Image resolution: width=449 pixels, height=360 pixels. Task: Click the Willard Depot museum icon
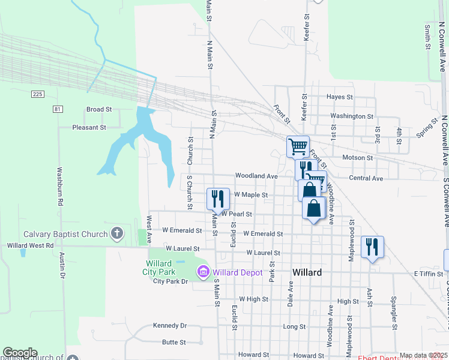pyautogui.click(x=203, y=273)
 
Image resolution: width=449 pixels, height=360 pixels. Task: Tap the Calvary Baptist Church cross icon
pyautogui.click(x=117, y=233)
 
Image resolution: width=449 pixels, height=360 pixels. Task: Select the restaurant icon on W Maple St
pyautogui.click(x=217, y=197)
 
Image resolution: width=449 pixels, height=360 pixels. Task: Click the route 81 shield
pyautogui.click(x=58, y=109)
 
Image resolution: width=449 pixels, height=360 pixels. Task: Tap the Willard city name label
pyautogui.click(x=307, y=272)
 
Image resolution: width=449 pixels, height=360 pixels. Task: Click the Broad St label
pyautogui.click(x=99, y=110)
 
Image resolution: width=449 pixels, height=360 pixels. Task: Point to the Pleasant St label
pyautogui.click(x=89, y=127)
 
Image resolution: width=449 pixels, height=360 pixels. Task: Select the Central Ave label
pyautogui.click(x=366, y=178)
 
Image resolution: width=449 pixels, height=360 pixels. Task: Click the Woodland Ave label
pyautogui.click(x=256, y=176)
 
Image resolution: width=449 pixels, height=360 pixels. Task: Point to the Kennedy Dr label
pyautogui.click(x=170, y=325)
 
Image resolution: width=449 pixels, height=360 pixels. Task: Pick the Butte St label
pyautogui.click(x=173, y=342)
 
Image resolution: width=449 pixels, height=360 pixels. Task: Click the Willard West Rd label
pyautogui.click(x=30, y=245)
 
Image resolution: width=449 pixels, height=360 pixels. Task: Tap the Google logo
pyautogui.click(x=20, y=353)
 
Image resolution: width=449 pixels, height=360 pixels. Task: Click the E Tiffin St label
pyautogui.click(x=428, y=274)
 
